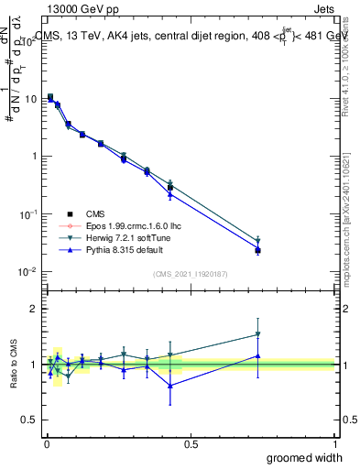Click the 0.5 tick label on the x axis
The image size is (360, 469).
(x=191, y=443)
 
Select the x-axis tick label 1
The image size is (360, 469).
(x=335, y=443)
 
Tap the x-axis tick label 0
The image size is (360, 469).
(x=46, y=443)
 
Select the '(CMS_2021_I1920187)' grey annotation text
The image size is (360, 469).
(x=190, y=273)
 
